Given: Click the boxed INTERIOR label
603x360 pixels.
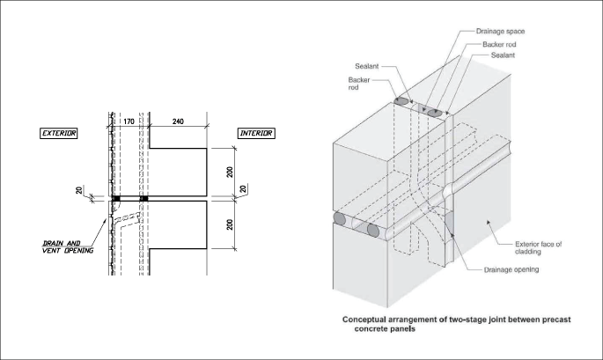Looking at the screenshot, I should click(256, 133).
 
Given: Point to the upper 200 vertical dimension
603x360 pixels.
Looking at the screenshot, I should click(229, 172).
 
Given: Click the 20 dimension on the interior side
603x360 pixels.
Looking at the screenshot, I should click(244, 187).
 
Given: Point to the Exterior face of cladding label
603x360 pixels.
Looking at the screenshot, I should click(540, 246).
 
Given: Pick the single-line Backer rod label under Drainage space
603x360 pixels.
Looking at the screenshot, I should click(501, 44).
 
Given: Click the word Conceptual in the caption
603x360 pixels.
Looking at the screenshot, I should click(367, 320).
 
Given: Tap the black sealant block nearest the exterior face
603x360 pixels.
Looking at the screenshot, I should click(115, 198).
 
